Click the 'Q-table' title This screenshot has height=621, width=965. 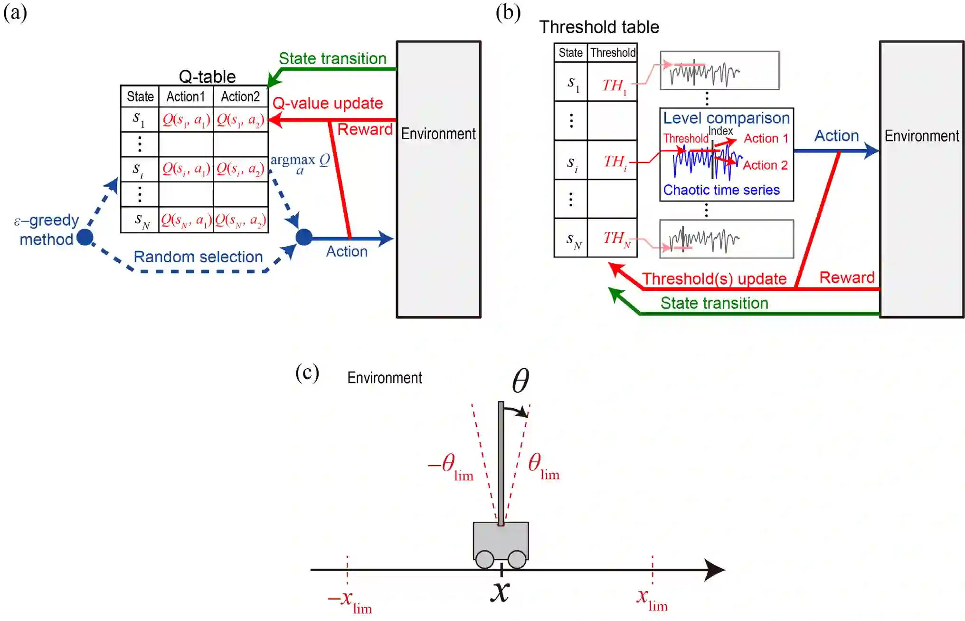(207, 76)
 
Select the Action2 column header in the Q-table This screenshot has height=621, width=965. (240, 96)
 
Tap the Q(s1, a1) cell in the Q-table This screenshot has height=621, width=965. (186, 120)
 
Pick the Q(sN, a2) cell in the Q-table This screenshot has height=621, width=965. (240, 220)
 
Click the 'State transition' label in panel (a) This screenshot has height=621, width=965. (332, 58)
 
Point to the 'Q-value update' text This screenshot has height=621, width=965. (328, 103)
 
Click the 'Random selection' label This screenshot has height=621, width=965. (198, 257)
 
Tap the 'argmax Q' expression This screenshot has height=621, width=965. (300, 162)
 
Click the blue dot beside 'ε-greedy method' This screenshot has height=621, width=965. (85, 237)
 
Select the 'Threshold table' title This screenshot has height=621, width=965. (599, 27)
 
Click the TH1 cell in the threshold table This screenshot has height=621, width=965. (613, 86)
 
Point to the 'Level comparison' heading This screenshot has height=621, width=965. (726, 118)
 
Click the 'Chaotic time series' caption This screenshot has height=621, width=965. (721, 190)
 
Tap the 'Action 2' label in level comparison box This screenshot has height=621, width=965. (765, 165)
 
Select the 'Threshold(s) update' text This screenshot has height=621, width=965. (714, 278)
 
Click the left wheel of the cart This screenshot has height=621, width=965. (484, 559)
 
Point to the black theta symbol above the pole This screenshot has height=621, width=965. (520, 381)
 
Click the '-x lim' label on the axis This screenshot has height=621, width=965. (350, 601)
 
